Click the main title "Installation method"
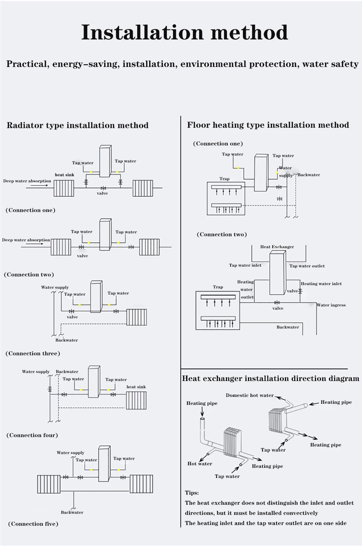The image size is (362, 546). (x=185, y=32)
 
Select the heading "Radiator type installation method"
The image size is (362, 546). (x=77, y=126)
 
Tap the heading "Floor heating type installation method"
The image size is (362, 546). (x=268, y=125)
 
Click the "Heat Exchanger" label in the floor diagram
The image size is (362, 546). (x=277, y=247)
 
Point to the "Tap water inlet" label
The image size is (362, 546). (x=245, y=265)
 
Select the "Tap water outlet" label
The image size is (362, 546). (x=307, y=266)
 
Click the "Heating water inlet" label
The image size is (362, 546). (x=321, y=284)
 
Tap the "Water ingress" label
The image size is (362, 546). (x=331, y=305)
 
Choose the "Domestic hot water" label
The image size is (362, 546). (x=249, y=395)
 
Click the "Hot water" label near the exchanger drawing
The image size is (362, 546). (x=199, y=464)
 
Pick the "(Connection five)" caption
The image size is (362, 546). (x=33, y=524)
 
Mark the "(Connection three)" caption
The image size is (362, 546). (x=33, y=354)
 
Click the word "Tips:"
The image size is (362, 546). (x=192, y=493)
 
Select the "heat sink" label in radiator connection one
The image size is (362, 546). (x=64, y=175)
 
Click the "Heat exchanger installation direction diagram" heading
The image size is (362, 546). (x=270, y=379)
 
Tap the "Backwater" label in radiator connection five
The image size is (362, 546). (x=72, y=512)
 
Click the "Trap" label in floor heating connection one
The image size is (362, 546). (x=224, y=179)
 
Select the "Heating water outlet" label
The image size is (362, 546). (x=246, y=289)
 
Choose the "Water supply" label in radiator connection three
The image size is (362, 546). (x=55, y=287)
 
